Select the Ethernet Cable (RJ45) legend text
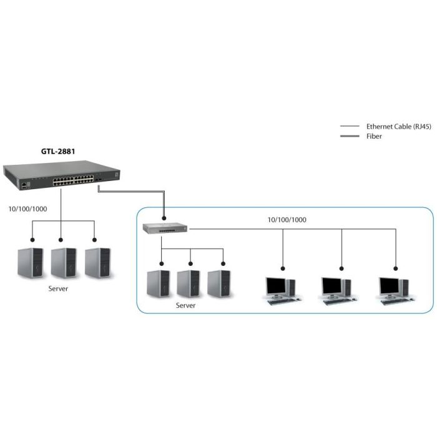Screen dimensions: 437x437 (x=398, y=126)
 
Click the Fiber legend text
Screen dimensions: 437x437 (x=374, y=136)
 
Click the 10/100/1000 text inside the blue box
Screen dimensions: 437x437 (x=287, y=220)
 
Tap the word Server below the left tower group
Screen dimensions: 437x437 (x=58, y=290)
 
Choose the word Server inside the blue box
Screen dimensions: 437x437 (x=185, y=305)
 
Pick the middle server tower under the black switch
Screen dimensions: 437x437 (x=64, y=263)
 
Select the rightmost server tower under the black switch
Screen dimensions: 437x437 (x=97, y=263)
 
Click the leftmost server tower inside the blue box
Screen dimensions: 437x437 (x=158, y=283)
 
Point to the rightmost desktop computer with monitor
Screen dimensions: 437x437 (x=393, y=289)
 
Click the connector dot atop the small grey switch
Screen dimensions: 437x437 (x=164, y=219)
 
